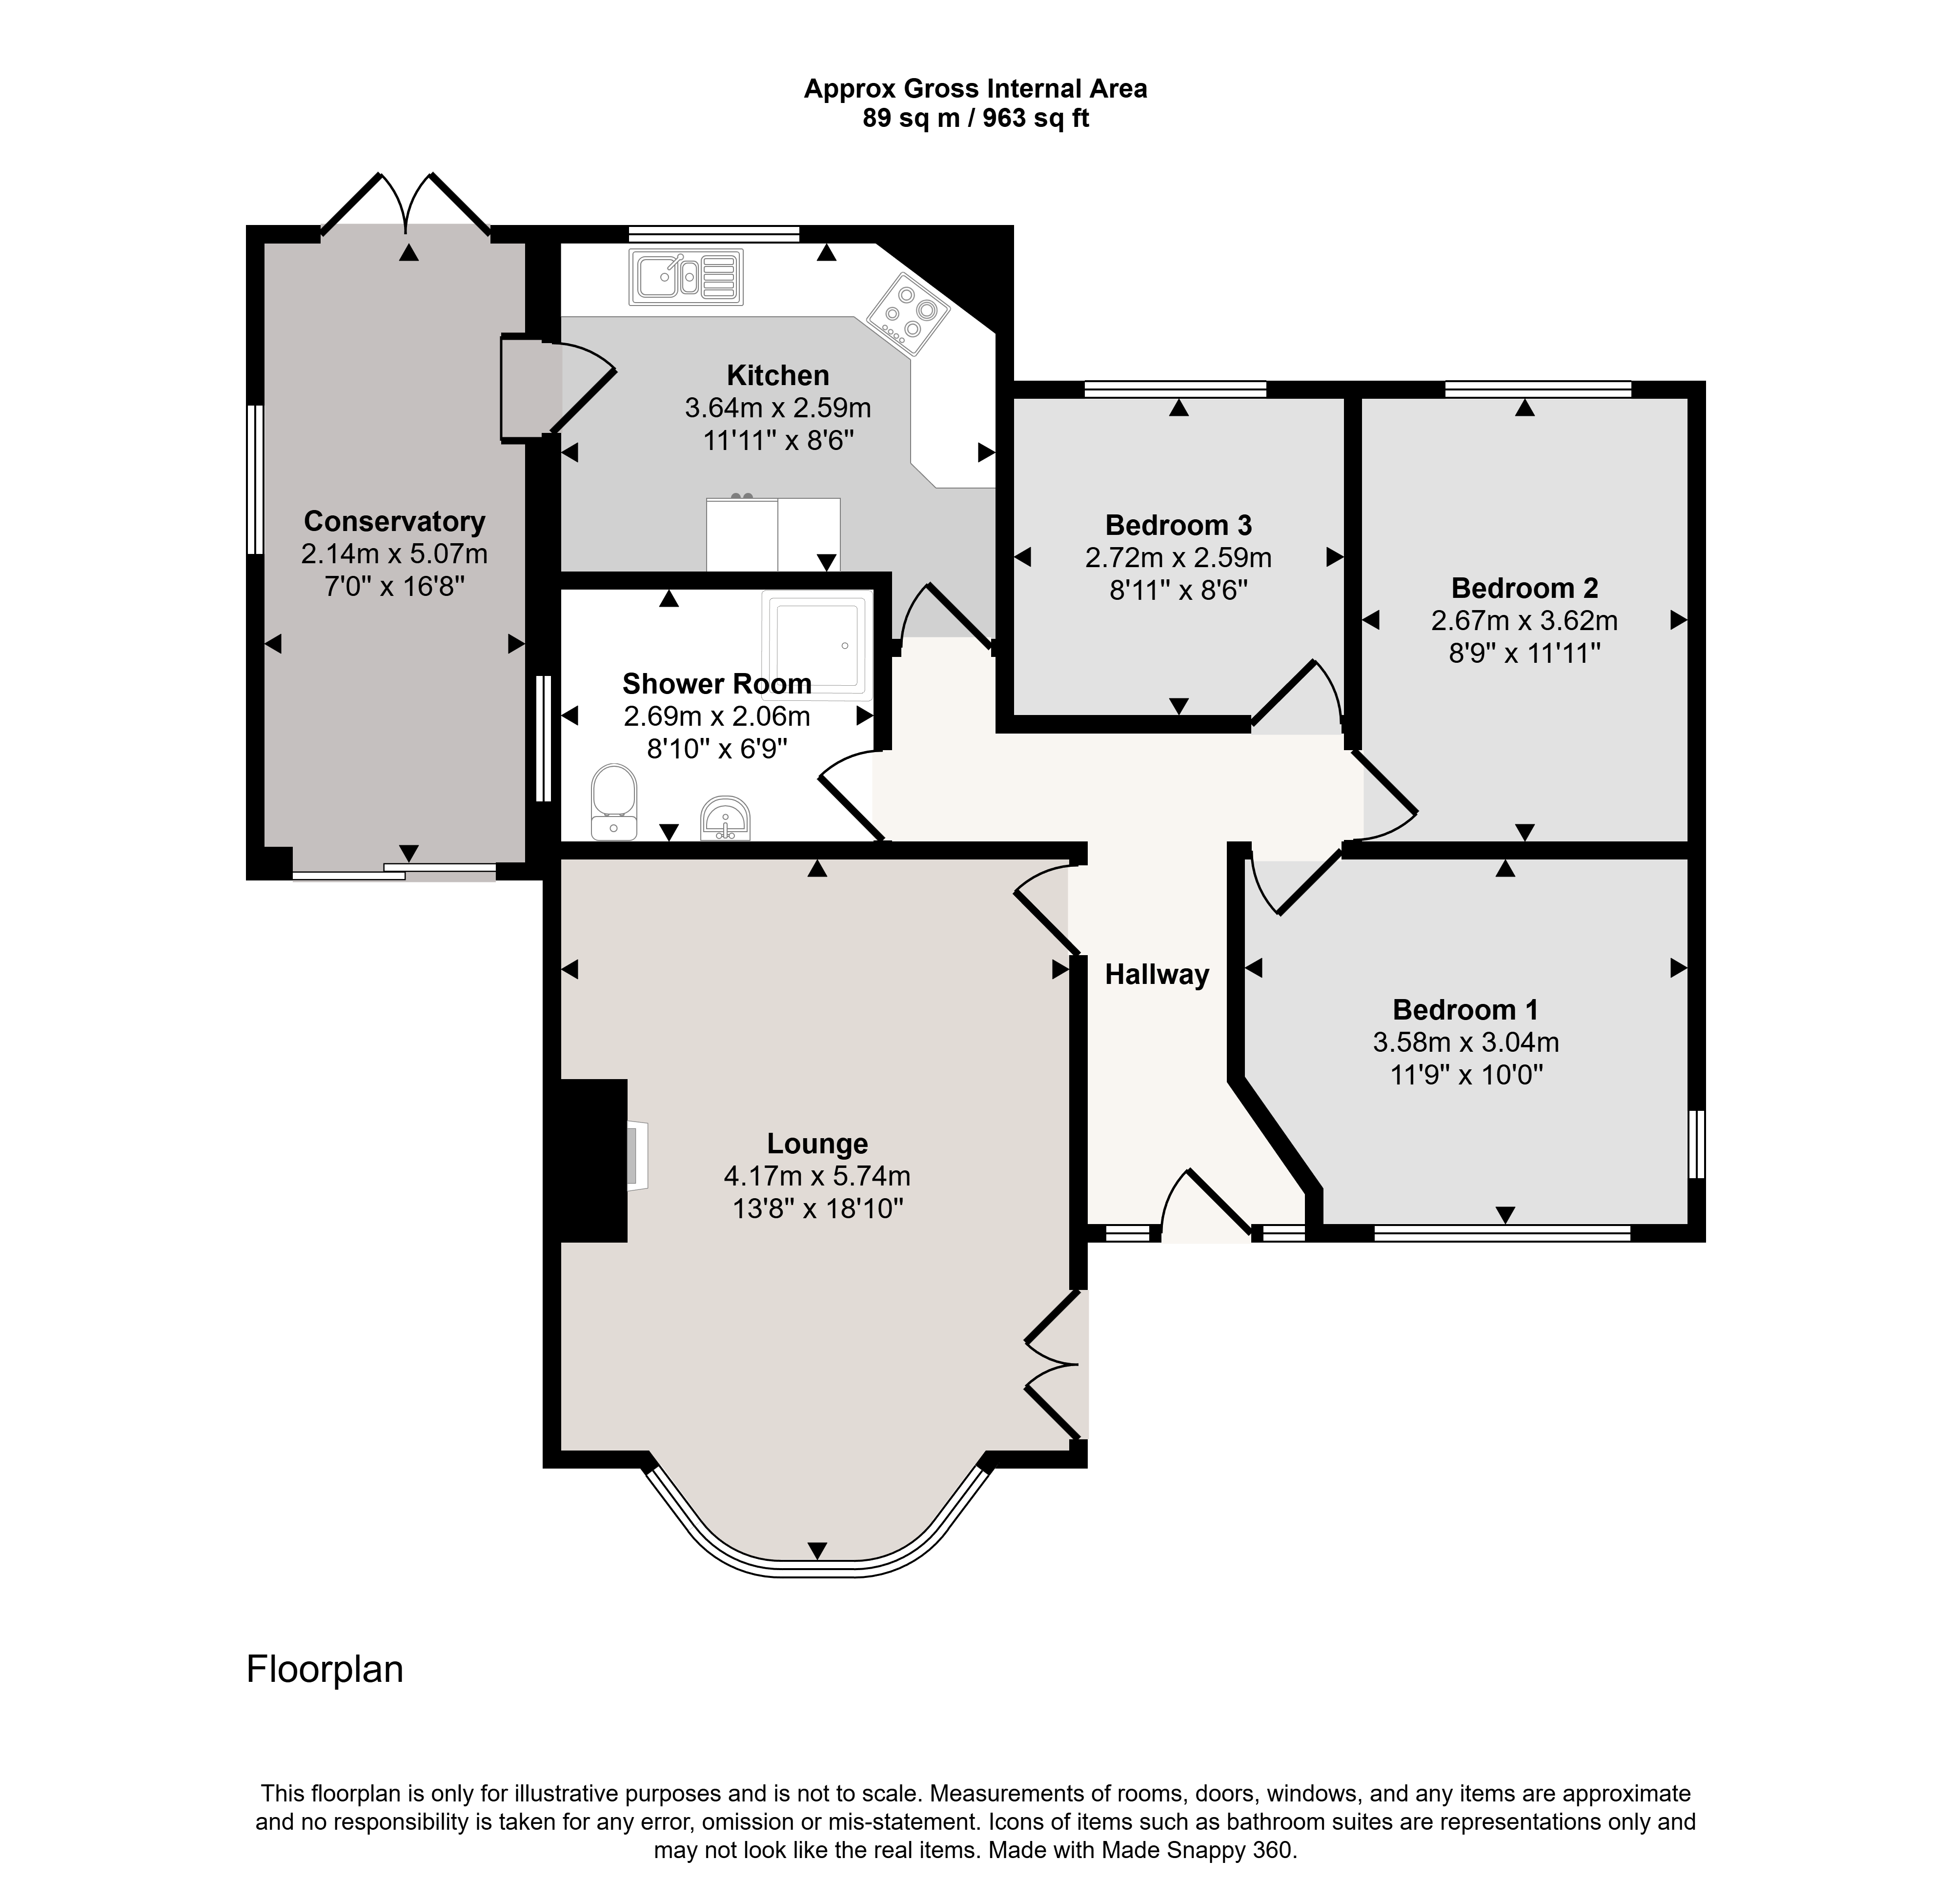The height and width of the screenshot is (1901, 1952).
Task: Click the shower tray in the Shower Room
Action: pos(816,644)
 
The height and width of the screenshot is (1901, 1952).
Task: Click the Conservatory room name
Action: pos(394,521)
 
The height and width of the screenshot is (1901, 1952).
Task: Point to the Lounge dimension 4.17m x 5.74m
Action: pos(817,1176)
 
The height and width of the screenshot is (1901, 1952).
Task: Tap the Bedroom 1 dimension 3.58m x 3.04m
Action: pos(1466,1042)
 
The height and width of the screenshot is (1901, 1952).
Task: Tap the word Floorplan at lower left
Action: pos(325,1669)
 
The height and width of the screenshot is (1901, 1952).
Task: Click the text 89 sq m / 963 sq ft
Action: pos(976,119)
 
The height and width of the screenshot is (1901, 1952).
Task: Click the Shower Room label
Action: pos(717,684)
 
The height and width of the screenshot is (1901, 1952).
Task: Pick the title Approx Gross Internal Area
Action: pos(976,89)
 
